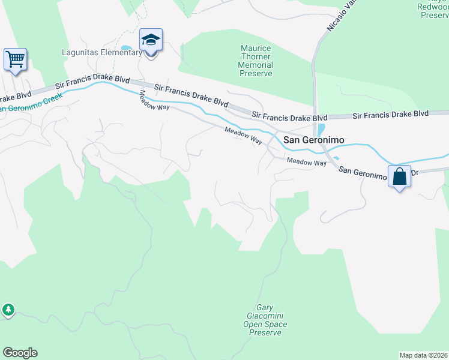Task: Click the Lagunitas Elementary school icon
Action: (x=151, y=41)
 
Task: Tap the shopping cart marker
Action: (x=15, y=60)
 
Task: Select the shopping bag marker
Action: (x=399, y=177)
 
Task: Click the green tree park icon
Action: (x=8, y=310)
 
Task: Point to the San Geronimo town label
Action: (x=313, y=140)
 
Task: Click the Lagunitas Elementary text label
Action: (x=101, y=53)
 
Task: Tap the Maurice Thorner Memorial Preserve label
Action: (x=256, y=61)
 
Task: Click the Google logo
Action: (x=20, y=353)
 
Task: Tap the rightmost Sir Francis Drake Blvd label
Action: (x=390, y=113)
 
